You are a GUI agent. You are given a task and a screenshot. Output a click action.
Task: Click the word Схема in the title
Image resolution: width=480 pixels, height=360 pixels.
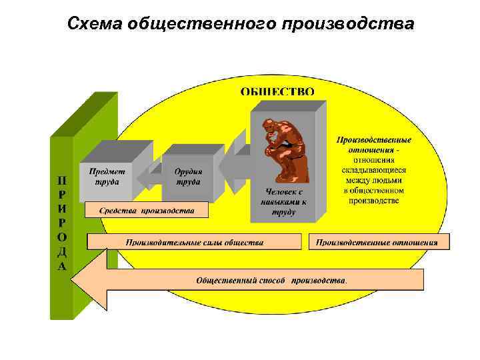click(x=99, y=24)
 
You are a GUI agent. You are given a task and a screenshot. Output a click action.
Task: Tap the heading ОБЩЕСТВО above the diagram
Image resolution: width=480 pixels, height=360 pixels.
click(x=277, y=92)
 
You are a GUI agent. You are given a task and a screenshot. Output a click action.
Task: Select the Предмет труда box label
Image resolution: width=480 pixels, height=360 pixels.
click(x=105, y=176)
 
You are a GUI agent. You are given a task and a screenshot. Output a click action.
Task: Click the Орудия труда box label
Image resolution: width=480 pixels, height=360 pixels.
click(x=188, y=176)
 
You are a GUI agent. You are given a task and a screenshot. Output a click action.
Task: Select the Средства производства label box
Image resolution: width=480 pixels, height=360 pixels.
click(x=147, y=211)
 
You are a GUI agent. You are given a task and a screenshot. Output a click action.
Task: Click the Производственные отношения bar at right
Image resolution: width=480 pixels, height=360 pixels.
click(x=377, y=242)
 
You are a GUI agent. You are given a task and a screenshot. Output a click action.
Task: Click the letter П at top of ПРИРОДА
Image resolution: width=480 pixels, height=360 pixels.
click(x=61, y=179)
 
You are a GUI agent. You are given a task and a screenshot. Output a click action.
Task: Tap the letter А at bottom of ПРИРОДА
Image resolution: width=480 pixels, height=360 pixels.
click(x=61, y=266)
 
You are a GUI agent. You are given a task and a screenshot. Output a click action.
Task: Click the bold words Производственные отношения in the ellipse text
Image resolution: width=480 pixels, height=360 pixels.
click(x=373, y=145)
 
